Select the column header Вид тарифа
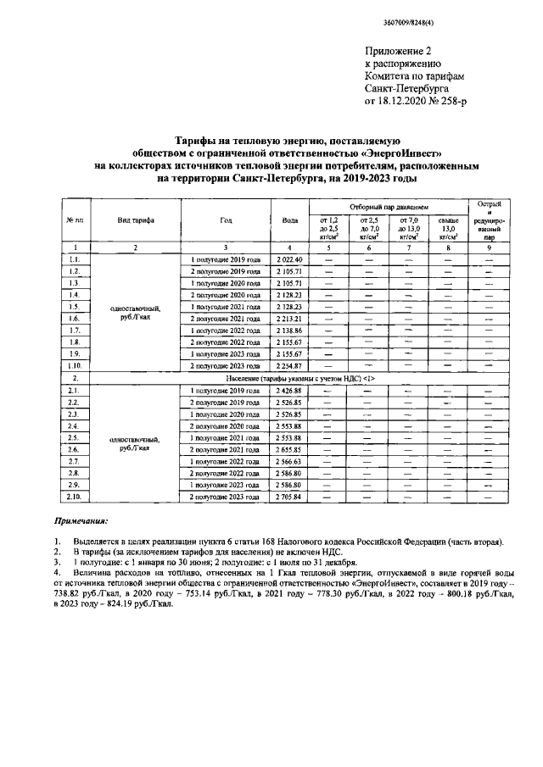pos(136,220)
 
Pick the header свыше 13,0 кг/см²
pos(449,229)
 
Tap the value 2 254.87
pos(288,365)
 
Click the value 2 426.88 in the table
pos(288,390)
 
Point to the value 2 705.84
pos(288,496)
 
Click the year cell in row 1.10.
pos(219,365)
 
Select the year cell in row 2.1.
pos(219,390)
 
